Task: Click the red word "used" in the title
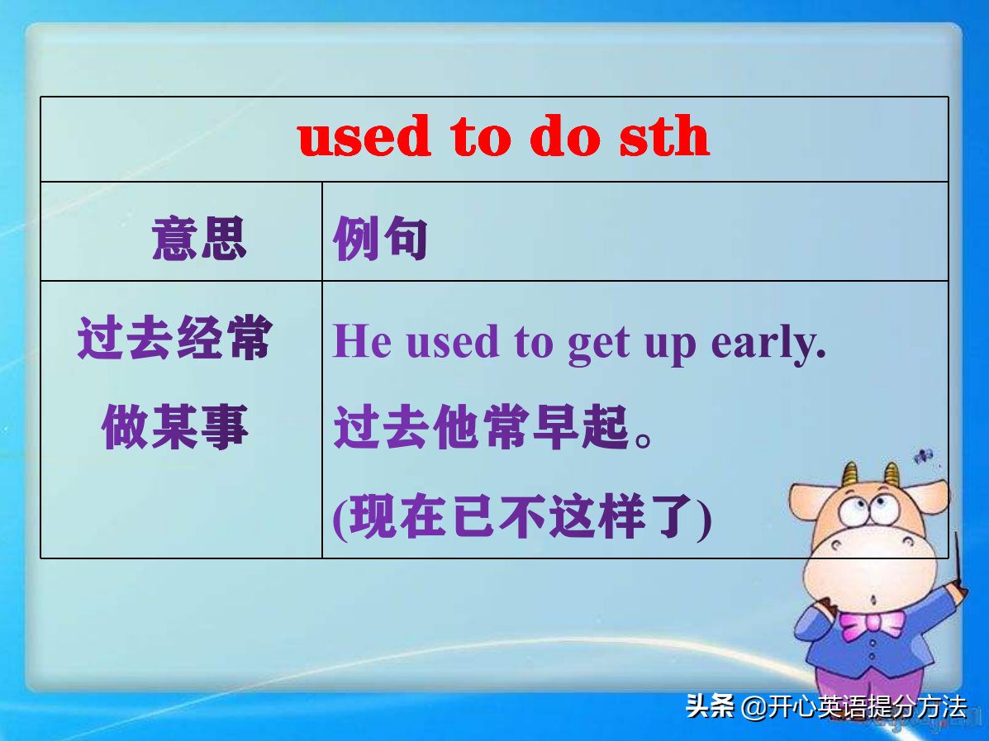pyautogui.click(x=364, y=137)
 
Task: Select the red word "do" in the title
pyautogui.click(x=564, y=137)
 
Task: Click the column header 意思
pyautogui.click(x=199, y=240)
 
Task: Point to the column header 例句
pyautogui.click(x=380, y=240)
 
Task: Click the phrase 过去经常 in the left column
pyautogui.click(x=174, y=339)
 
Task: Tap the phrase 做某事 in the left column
pyautogui.click(x=175, y=429)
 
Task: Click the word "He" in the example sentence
pyautogui.click(x=362, y=341)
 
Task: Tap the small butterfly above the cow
pyautogui.click(x=922, y=455)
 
